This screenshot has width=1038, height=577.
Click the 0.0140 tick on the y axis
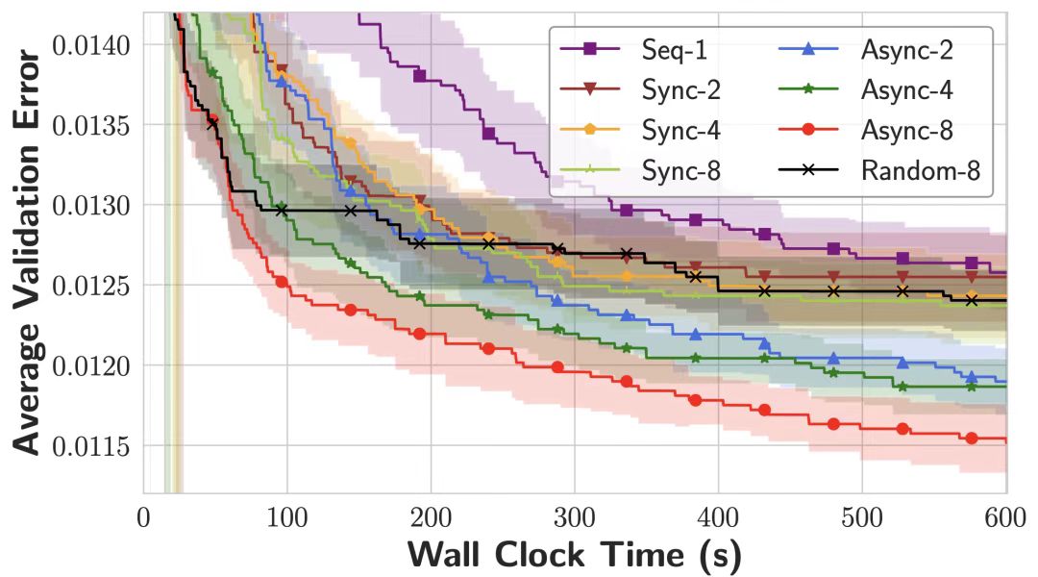tap(93, 45)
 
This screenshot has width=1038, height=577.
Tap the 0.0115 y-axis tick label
tap(93, 446)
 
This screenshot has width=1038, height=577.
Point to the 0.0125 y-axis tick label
tap(93, 286)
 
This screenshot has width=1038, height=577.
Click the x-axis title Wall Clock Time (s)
tap(575, 555)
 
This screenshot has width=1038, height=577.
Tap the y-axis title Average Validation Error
tap(28, 252)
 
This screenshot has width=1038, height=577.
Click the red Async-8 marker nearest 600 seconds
tap(972, 439)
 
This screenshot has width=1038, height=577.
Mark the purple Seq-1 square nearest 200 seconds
tap(419, 75)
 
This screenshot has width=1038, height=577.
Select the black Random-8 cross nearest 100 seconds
tap(282, 209)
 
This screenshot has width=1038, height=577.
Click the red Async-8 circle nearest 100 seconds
tap(282, 282)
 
